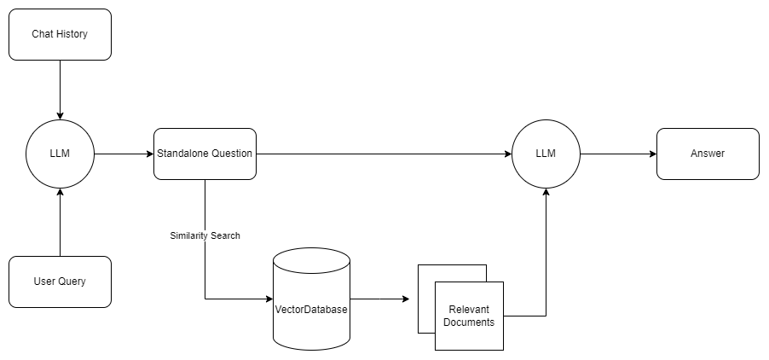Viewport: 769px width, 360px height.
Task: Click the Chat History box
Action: coord(60,34)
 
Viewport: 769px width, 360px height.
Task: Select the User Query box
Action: coord(60,282)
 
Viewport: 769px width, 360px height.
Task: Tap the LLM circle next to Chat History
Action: coord(60,154)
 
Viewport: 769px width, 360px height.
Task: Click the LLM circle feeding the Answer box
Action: coord(546,154)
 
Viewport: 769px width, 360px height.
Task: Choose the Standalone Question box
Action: coord(205,154)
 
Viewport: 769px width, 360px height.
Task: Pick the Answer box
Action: coord(708,154)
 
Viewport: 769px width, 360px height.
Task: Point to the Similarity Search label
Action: coord(205,235)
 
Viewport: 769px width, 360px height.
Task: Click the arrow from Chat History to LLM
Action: coord(60,90)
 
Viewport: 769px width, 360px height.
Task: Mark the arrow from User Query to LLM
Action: coord(60,222)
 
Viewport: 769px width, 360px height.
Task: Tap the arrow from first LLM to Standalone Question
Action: coord(124,154)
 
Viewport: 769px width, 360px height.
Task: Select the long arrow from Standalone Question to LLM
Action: coord(384,154)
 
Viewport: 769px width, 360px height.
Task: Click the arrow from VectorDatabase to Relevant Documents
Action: coord(379,299)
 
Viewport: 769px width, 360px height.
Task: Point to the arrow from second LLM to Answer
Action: coord(618,154)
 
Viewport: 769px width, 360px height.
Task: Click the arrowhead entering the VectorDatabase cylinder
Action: coord(268,299)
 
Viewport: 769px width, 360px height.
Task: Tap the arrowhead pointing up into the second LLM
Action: coord(546,194)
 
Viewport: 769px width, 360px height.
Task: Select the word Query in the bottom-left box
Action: coord(72,282)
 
